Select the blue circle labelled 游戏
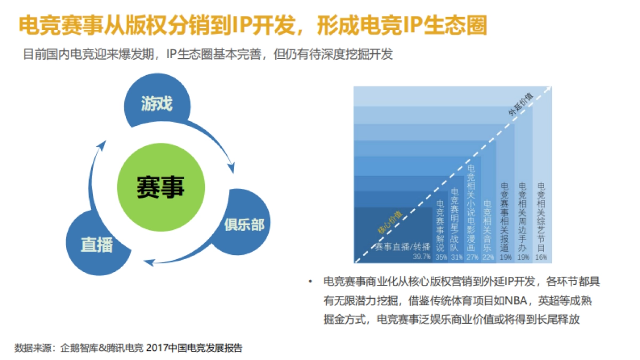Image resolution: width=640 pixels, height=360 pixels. (x=157, y=103)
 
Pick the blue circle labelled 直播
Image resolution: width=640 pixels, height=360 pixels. (x=97, y=244)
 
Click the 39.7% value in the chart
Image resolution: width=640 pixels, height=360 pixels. (x=421, y=257)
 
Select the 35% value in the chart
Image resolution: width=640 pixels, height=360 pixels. (x=441, y=257)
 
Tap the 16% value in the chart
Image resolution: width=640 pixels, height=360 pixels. (x=541, y=257)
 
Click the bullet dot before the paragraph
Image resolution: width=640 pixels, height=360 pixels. (x=310, y=282)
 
